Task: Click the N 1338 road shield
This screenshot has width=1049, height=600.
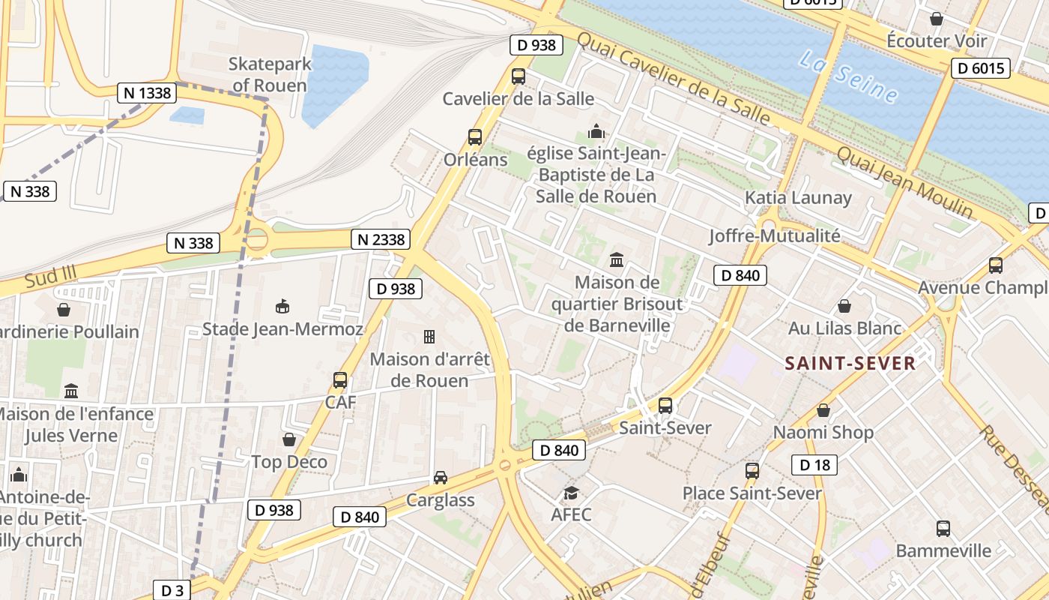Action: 146,93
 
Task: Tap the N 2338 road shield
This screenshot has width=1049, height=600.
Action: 381,239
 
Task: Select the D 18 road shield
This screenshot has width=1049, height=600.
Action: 814,465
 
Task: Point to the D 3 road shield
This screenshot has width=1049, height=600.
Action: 172,590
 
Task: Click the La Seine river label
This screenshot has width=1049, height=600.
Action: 848,76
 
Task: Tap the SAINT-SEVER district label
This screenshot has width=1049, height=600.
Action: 850,364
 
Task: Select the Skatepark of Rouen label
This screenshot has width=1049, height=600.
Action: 270,74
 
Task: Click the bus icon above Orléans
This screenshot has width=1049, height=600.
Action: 474,137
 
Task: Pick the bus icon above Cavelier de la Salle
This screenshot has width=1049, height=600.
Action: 518,76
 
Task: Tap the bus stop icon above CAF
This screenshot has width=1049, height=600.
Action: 340,380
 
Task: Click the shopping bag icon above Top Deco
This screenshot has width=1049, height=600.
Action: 289,439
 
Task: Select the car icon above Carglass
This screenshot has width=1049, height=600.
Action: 441,478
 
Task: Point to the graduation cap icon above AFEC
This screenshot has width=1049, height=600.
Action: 571,493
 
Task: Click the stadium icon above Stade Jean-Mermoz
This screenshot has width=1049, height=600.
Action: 282,306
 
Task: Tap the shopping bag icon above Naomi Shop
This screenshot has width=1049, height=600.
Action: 823,410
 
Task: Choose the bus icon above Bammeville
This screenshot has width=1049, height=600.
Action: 943,529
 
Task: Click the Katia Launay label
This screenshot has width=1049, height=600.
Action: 798,198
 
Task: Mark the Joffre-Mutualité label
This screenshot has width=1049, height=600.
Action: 775,235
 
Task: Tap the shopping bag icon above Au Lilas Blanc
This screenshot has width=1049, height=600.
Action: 844,306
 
